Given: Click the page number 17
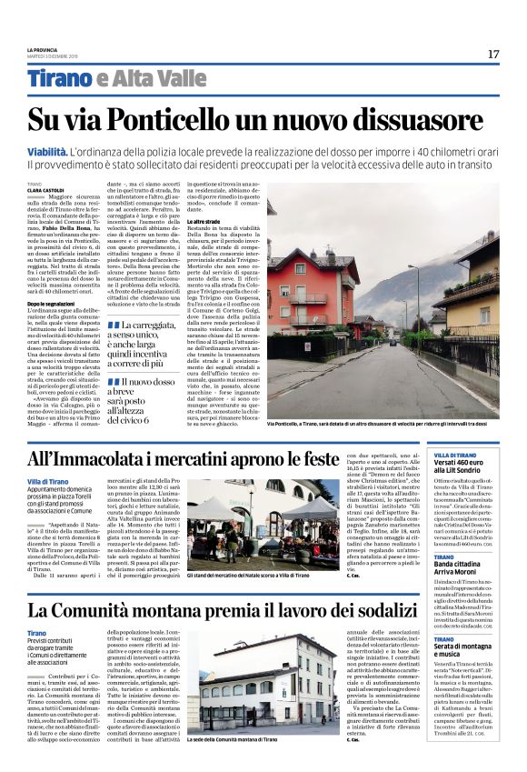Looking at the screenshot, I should coord(493,54).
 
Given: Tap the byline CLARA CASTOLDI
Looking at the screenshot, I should coord(45,190).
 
